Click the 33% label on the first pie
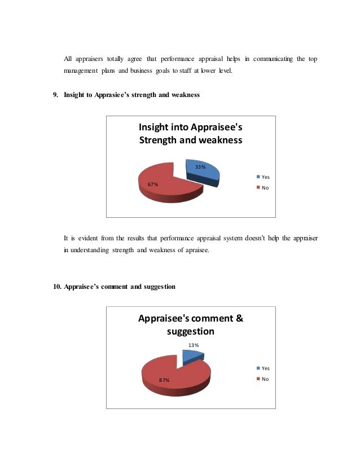pos(200,167)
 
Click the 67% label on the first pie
pos(152,184)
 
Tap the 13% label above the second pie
pos(192,345)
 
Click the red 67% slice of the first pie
pos(166,181)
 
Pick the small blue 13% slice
pos(192,355)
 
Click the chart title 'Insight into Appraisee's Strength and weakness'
pos(191,133)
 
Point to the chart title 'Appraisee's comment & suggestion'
pos(191,324)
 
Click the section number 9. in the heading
pos(56,95)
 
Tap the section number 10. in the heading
pos(57,287)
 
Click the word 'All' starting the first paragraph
pos(68,59)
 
